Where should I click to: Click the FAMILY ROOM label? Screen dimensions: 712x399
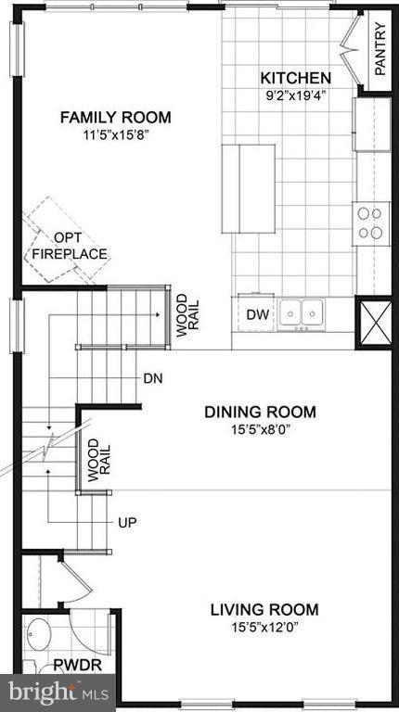tap(116, 117)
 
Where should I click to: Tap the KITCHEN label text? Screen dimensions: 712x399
tap(295, 78)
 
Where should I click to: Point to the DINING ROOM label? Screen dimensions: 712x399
tap(261, 412)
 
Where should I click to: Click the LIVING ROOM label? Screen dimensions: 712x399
tap(264, 609)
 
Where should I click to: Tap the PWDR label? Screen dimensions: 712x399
tap(70, 665)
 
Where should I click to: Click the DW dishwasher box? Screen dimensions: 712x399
tap(257, 315)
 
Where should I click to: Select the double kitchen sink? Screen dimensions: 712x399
tap(302, 313)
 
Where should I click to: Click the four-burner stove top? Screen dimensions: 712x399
tap(370, 222)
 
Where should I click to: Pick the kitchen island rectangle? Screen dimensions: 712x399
tap(248, 189)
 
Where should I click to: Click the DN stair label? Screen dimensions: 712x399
tap(153, 378)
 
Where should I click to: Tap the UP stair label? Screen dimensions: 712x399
tap(127, 523)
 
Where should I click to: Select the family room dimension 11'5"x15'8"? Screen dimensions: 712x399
tap(116, 133)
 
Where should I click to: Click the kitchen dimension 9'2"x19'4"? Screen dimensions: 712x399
tap(295, 95)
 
